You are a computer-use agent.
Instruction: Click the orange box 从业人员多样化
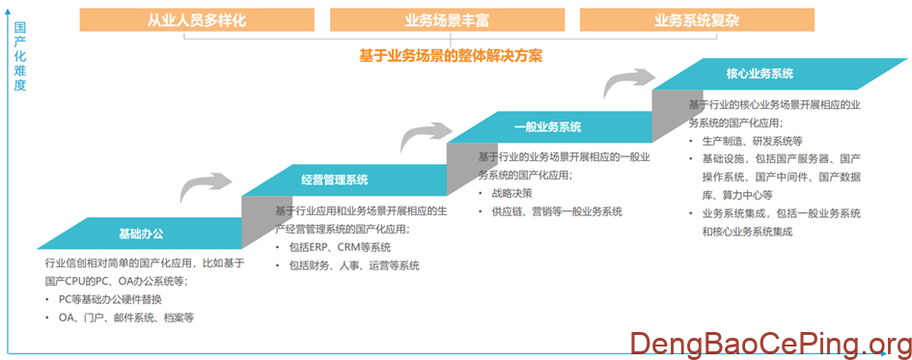click(x=196, y=18)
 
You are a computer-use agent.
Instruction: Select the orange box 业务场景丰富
click(x=446, y=18)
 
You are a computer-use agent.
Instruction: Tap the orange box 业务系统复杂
click(x=697, y=18)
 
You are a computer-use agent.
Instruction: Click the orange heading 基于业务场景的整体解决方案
click(x=451, y=56)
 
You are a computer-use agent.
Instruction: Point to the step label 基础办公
click(x=141, y=233)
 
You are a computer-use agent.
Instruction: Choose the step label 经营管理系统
click(x=334, y=180)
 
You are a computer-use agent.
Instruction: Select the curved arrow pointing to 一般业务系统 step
click(x=422, y=134)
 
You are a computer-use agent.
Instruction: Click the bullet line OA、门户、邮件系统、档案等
click(x=126, y=317)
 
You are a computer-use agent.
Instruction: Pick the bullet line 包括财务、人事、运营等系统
click(x=354, y=264)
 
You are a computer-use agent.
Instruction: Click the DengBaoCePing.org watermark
click(x=770, y=343)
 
